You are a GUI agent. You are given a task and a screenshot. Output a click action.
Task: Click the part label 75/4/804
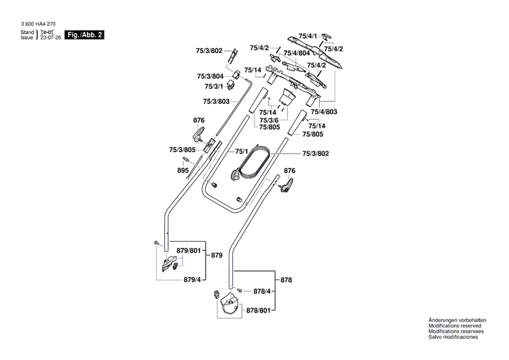(297, 53)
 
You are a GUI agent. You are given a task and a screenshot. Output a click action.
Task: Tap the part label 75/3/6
(270, 119)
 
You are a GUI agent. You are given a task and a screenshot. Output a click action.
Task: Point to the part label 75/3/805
(182, 149)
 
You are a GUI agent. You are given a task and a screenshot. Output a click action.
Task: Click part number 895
(183, 170)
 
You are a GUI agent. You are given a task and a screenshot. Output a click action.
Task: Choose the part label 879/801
(189, 251)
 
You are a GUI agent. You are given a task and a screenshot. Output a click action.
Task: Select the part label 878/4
(263, 291)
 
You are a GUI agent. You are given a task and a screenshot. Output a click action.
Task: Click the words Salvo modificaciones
(453, 338)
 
